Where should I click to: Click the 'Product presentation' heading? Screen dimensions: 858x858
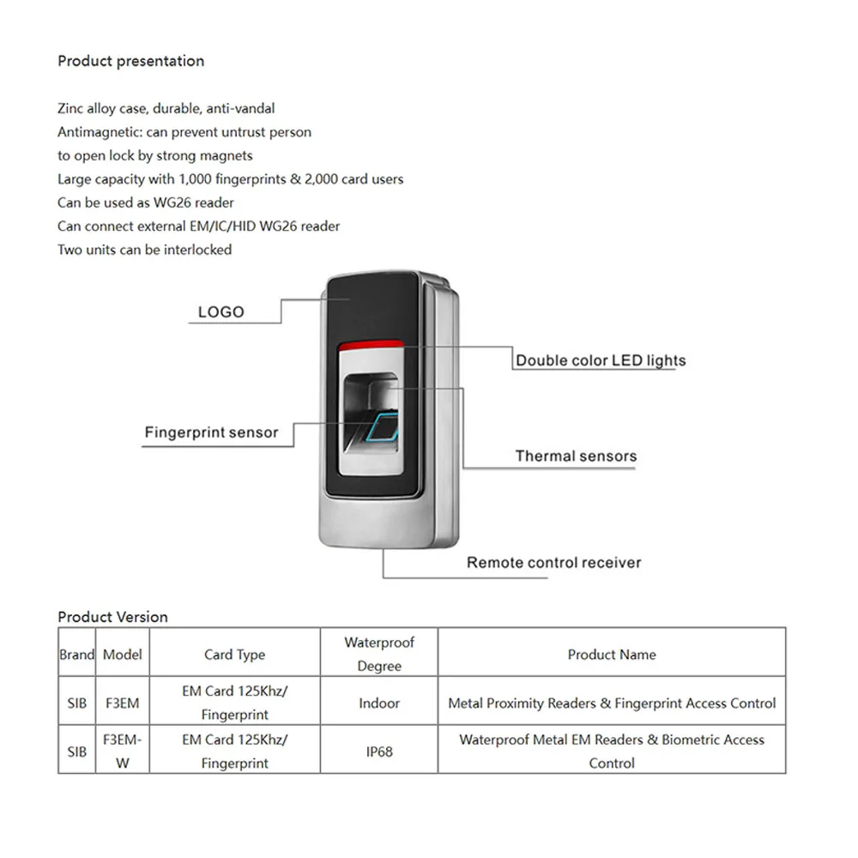(130, 61)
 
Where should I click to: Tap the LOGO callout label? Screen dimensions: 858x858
(221, 312)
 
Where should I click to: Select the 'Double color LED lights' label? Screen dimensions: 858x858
(601, 360)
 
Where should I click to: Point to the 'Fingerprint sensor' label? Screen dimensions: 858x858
(211, 432)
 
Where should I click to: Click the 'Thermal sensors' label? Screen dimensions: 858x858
(576, 456)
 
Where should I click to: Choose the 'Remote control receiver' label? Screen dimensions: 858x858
(553, 563)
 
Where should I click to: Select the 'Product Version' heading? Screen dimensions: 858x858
(112, 617)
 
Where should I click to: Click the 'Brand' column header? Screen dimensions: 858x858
(76, 655)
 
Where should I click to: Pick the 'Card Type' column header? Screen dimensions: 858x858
(234, 655)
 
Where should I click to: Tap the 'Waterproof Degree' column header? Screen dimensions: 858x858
(379, 654)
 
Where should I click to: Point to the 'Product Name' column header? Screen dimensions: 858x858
(611, 655)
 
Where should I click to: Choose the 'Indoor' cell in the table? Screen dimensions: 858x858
(379, 703)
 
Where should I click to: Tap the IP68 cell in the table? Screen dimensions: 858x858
(379, 751)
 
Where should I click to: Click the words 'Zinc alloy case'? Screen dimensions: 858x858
(103, 109)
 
